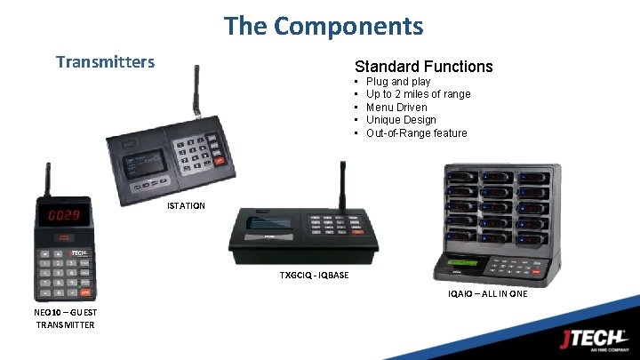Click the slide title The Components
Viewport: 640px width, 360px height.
point(324,26)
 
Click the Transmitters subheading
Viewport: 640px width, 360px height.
point(105,61)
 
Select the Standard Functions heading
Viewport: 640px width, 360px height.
point(423,67)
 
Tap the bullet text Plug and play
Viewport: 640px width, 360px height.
point(398,82)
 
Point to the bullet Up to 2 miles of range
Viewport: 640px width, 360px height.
point(418,94)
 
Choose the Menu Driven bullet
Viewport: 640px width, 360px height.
point(396,108)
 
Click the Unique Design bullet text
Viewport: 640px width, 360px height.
point(401,120)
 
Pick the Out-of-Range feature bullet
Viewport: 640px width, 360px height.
point(416,133)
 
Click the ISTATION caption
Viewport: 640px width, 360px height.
point(186,206)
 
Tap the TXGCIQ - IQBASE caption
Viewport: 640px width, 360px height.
point(314,275)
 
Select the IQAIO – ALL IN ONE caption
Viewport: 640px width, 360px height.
point(488,293)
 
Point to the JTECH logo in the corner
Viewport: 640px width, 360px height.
point(592,338)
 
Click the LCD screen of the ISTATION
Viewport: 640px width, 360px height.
point(148,163)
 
